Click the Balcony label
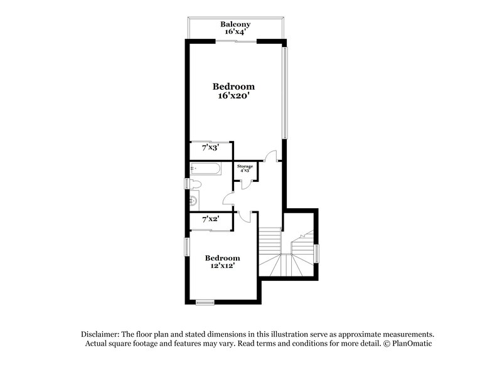pyautogui.click(x=235, y=24)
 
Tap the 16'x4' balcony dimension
pyautogui.click(x=235, y=31)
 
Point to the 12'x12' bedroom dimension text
pyautogui.click(x=223, y=266)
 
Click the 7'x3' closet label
pyautogui.click(x=210, y=148)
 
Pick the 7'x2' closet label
pyautogui.click(x=210, y=220)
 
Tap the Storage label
pyautogui.click(x=245, y=166)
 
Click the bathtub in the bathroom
pyautogui.click(x=205, y=169)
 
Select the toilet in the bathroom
pyautogui.click(x=195, y=184)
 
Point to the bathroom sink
pyautogui.click(x=195, y=201)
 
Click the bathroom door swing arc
pyautogui.click(x=228, y=199)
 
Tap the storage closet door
pyautogui.click(x=246, y=183)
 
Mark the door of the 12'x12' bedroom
pyautogui.click(x=245, y=216)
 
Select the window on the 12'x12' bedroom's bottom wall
pyautogui.click(x=205, y=302)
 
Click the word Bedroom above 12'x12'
pyautogui.click(x=223, y=258)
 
